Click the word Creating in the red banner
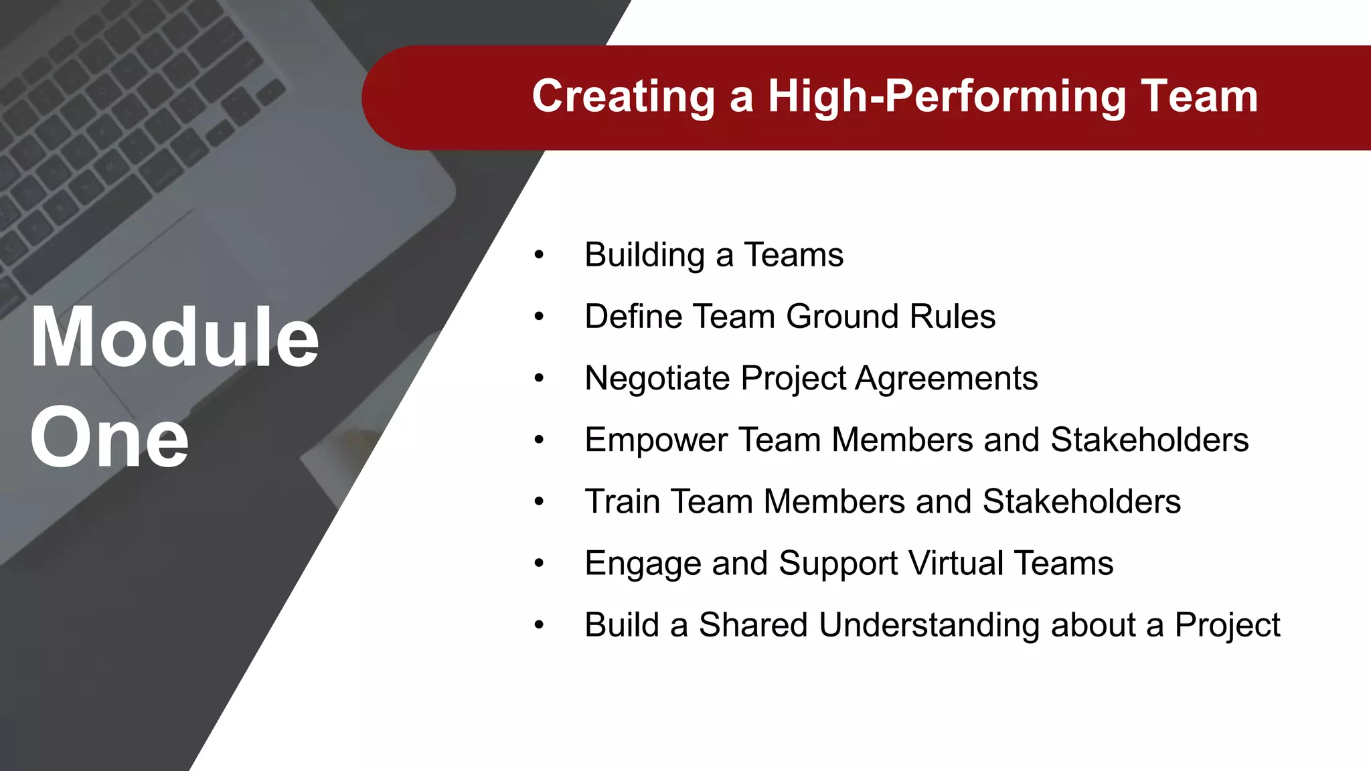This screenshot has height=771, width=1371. point(623,97)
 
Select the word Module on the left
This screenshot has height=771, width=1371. point(175,337)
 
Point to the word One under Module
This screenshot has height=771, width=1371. point(109,438)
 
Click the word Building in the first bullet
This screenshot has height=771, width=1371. point(645,256)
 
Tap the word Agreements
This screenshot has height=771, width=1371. point(947,379)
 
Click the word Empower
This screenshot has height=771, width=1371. point(655,440)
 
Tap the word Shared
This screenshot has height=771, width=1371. point(753,625)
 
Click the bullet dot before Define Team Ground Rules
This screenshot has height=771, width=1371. point(539,317)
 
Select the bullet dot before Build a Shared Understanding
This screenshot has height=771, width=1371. point(539,625)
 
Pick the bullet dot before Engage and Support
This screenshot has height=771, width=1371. point(539,564)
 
